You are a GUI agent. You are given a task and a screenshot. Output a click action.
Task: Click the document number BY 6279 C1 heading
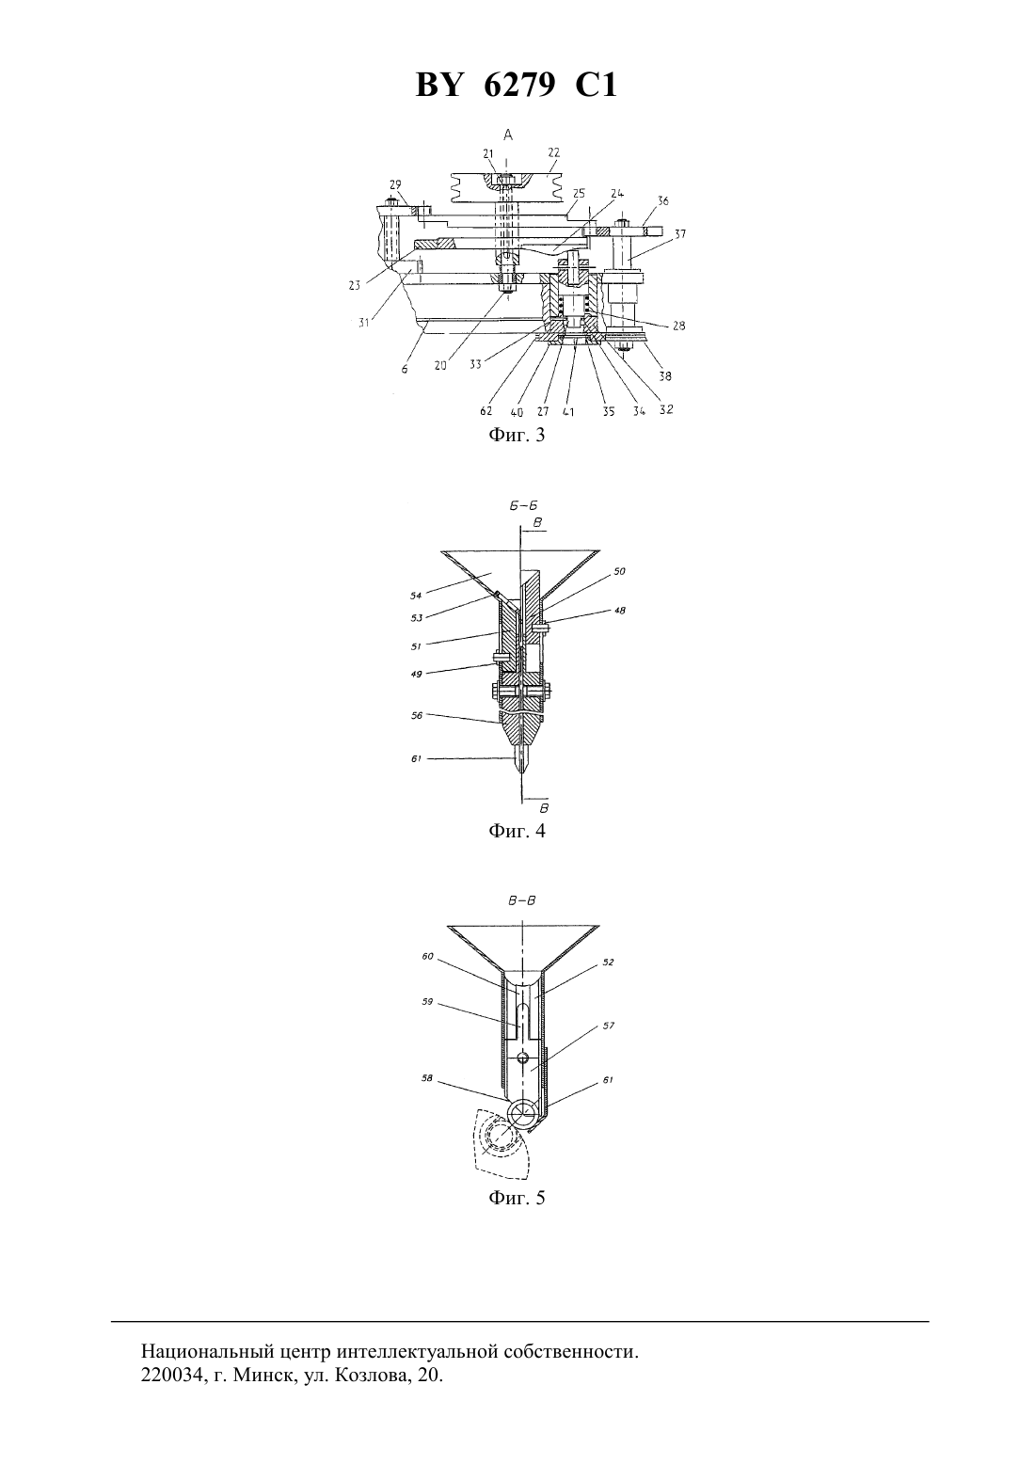517,86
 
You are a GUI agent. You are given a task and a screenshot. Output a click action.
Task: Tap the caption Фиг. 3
517,436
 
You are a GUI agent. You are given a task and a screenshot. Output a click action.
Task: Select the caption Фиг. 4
517,831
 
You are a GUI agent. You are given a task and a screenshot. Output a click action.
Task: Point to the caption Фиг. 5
517,1198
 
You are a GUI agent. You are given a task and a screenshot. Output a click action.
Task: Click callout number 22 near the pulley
553,152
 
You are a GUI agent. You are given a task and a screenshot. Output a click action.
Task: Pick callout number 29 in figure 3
395,185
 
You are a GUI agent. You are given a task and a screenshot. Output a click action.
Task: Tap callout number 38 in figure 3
665,376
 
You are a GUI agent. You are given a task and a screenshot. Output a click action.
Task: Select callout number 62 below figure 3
486,412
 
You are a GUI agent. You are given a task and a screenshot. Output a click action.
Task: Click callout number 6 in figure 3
405,369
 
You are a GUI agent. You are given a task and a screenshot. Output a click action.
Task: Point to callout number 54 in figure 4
416,596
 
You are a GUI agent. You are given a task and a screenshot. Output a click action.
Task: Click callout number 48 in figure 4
619,611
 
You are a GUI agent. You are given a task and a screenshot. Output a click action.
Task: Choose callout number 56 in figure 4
416,716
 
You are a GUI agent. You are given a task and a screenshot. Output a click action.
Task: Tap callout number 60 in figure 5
427,957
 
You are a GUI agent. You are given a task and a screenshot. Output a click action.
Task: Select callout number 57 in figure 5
609,1026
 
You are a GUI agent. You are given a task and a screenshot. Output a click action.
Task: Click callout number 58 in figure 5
426,1078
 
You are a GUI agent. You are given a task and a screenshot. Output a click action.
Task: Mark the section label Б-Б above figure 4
524,505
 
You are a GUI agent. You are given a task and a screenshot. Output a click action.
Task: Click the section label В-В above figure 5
522,900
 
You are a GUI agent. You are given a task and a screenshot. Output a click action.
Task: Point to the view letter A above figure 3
508,135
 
